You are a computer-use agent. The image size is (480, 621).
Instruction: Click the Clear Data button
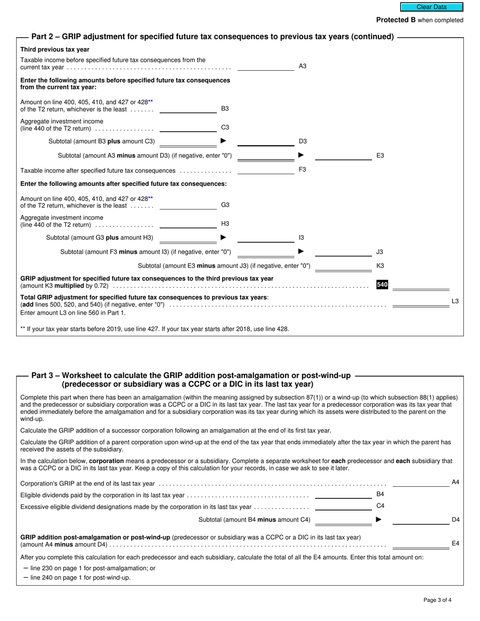click(431, 7)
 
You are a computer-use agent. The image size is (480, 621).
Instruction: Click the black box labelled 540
click(382, 285)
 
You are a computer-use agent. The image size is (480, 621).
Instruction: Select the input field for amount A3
click(265, 66)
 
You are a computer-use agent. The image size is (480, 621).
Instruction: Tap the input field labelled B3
click(188, 109)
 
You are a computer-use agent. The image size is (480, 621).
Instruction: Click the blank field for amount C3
click(188, 127)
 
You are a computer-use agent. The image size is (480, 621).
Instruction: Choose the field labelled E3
click(343, 156)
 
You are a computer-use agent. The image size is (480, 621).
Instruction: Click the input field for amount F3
click(265, 170)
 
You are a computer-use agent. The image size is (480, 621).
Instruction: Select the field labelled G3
click(188, 205)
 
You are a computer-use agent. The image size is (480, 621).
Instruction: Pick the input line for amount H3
click(188, 224)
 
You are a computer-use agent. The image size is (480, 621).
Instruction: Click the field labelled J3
click(343, 251)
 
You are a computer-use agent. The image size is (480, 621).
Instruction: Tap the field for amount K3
click(343, 266)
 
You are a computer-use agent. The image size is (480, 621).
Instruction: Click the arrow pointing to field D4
click(378, 520)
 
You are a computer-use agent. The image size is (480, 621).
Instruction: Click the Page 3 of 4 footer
click(438, 600)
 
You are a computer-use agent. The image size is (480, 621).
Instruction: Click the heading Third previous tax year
click(55, 49)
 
